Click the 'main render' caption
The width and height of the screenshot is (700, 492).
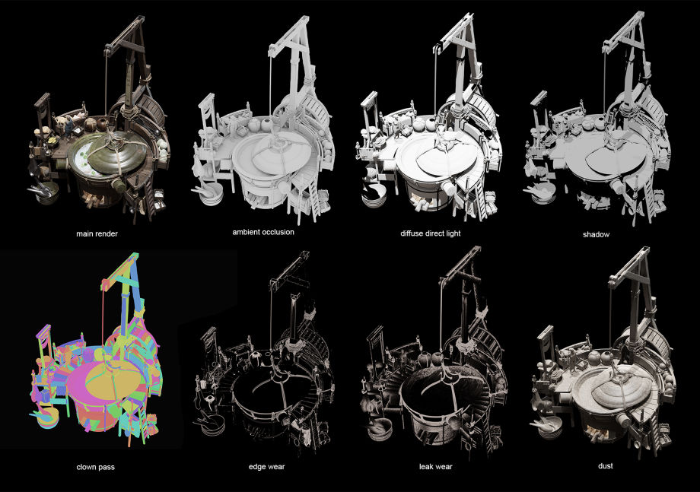click(x=97, y=233)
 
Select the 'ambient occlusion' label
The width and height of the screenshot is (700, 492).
click(x=263, y=232)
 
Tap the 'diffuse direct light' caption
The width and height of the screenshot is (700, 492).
click(x=431, y=233)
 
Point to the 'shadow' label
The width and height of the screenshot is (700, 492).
click(x=596, y=234)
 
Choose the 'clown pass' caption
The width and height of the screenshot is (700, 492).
click(x=96, y=467)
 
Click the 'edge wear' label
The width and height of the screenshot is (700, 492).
click(x=266, y=467)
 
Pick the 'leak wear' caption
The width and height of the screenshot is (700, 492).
click(x=436, y=467)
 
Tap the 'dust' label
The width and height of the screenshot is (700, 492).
click(x=606, y=465)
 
